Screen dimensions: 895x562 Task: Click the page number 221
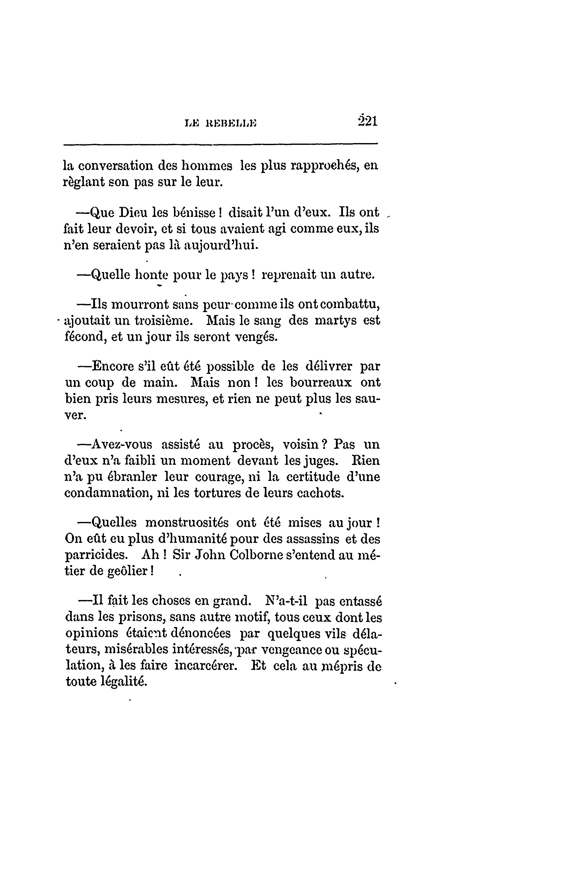(x=367, y=121)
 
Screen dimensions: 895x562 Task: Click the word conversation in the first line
(x=113, y=166)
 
